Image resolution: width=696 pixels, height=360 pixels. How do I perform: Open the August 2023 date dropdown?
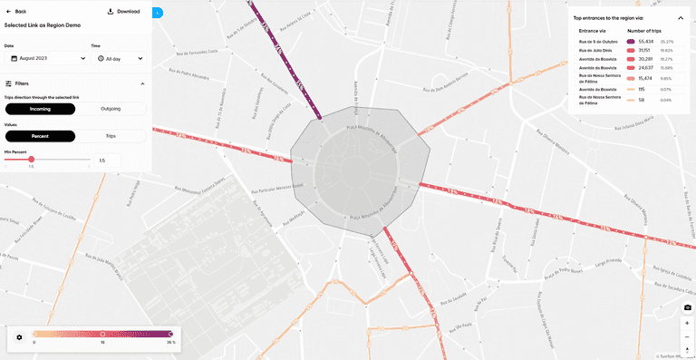[45, 58]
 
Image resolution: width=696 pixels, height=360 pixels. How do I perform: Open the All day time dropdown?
[118, 58]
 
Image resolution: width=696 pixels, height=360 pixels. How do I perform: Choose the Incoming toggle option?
[40, 109]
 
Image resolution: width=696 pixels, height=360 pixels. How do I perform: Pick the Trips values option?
[111, 136]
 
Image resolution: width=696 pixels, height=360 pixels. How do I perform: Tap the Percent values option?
[40, 136]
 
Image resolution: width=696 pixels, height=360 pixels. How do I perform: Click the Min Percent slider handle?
[32, 160]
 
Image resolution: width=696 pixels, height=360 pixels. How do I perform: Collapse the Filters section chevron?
[141, 83]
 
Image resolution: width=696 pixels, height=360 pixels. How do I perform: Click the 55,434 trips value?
[646, 42]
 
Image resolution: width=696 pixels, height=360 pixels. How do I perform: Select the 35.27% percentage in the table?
[667, 42]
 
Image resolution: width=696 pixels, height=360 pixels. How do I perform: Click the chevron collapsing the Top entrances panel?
[681, 17]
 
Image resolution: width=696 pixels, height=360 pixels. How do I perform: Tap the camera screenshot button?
[687, 308]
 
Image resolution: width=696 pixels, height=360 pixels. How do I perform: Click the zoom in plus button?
[687, 323]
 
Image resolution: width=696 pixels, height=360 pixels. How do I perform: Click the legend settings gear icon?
[19, 337]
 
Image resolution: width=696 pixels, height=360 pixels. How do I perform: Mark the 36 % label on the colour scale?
[169, 344]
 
